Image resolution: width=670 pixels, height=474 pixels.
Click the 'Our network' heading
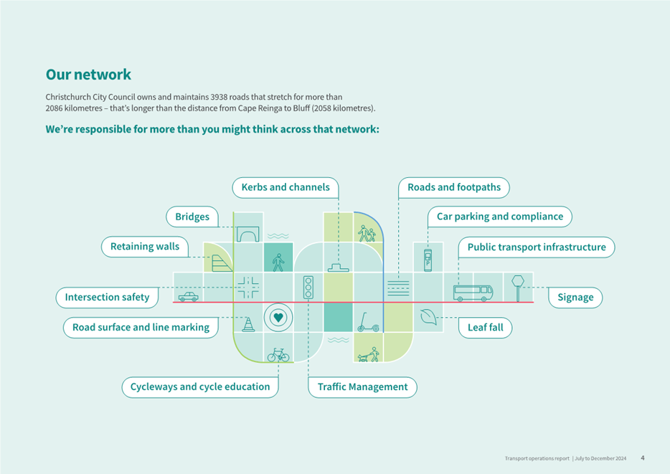click(x=88, y=75)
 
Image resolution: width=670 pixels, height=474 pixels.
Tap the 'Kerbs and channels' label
click(x=286, y=187)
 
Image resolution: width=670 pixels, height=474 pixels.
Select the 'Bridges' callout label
click(x=192, y=217)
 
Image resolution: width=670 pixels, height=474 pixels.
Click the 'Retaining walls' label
click(x=145, y=247)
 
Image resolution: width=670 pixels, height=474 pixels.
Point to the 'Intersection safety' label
click(x=107, y=297)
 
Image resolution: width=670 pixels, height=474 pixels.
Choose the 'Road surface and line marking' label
click(x=141, y=328)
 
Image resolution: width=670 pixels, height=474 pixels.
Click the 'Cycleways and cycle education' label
click(x=200, y=387)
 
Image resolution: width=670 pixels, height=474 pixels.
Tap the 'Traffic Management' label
click(x=362, y=387)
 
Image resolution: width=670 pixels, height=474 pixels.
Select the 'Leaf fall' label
click(x=485, y=328)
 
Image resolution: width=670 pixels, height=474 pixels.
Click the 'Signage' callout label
click(x=575, y=297)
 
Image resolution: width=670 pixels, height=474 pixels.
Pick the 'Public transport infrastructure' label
click(x=537, y=247)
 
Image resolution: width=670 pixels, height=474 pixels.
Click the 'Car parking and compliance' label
click(x=499, y=217)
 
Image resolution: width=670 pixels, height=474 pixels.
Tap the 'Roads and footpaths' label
click(x=454, y=187)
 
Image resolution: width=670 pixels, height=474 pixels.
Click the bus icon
click(x=473, y=293)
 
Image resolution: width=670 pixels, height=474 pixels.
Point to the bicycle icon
click(x=278, y=354)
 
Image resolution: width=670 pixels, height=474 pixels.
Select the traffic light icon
click(x=308, y=287)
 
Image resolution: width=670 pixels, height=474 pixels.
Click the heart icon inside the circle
click(x=278, y=318)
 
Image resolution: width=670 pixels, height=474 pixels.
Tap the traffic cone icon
click(x=248, y=324)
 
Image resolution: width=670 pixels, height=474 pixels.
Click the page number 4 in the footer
click(x=643, y=458)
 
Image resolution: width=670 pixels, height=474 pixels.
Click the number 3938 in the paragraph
click(x=219, y=97)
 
